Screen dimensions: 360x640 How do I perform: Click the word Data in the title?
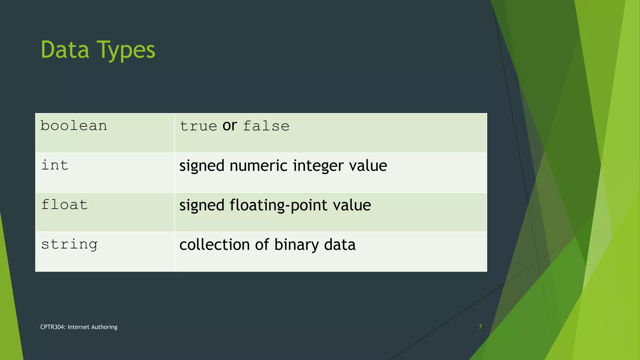65,50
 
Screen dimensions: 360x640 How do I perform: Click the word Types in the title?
126,51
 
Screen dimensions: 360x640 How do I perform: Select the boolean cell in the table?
74,126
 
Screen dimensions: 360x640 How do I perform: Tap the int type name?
55,165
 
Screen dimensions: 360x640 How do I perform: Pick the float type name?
64,205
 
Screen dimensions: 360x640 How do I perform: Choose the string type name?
69,244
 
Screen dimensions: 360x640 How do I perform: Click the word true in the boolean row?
198,126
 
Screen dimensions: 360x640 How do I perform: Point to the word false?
266,126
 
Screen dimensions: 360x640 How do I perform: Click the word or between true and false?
230,126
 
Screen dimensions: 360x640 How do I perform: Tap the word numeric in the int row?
259,166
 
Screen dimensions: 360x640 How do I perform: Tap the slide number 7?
480,327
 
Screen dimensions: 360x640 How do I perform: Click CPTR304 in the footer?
53,327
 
